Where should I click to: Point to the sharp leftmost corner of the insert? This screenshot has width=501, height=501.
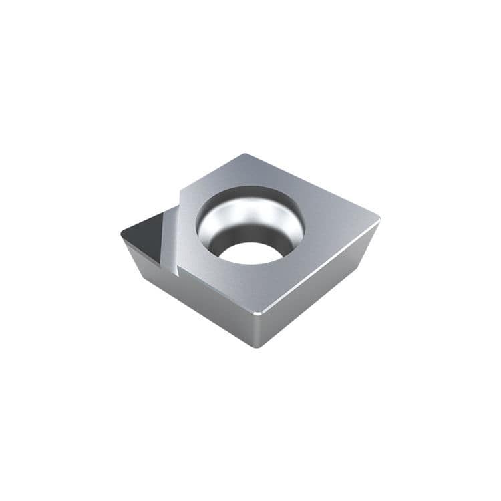coord(122,234)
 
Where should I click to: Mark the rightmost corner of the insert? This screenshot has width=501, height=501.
coord(379,218)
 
